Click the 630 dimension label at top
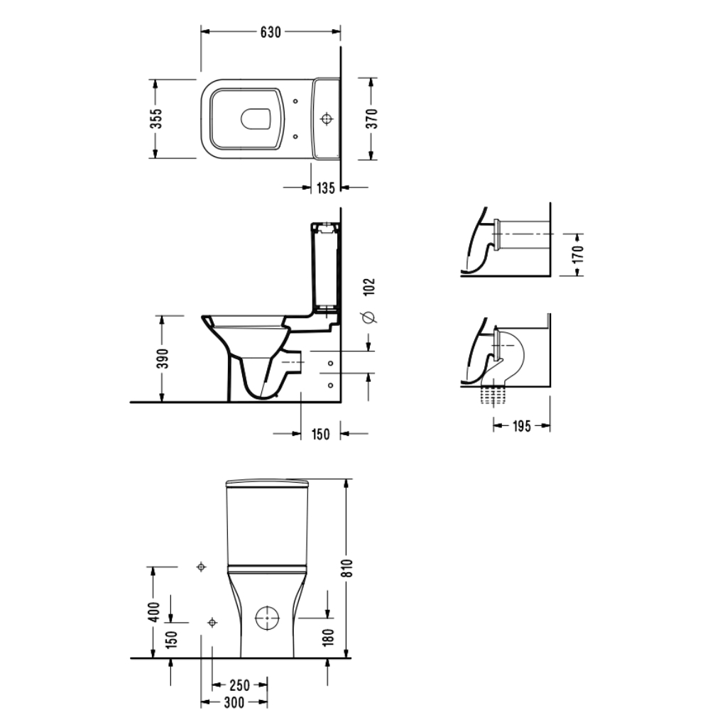[x=271, y=32]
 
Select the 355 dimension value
[x=155, y=119]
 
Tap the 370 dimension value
[x=371, y=119]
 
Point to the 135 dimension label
[x=326, y=187]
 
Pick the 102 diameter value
[x=369, y=287]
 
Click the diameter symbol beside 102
[x=369, y=318]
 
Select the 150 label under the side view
[x=321, y=435]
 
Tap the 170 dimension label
[x=578, y=255]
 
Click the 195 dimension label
[x=522, y=426]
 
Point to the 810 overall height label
[x=348, y=568]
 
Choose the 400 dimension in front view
[x=154, y=612]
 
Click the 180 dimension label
[x=329, y=637]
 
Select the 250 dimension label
[x=239, y=684]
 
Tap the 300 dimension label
[x=234, y=702]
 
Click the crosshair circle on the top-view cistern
[x=327, y=119]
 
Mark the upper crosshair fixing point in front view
[x=202, y=567]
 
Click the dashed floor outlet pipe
[x=493, y=396]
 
